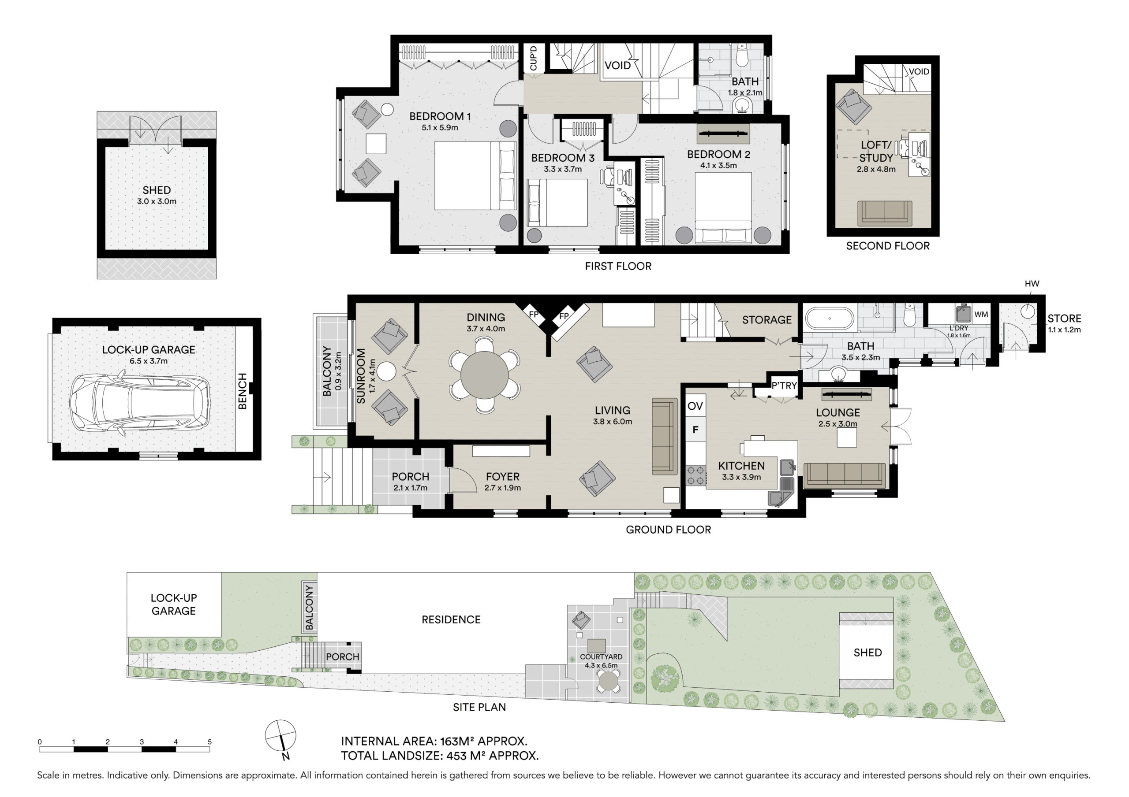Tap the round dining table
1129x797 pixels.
point(484,375)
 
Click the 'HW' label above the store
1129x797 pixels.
point(1032,284)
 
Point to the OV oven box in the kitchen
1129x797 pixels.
point(695,405)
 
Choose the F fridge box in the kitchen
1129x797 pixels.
point(695,430)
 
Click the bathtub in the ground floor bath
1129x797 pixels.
point(829,319)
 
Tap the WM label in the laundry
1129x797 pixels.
point(981,315)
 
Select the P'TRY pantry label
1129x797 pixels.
point(784,386)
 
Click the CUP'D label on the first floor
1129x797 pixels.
point(534,59)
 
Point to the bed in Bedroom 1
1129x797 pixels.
point(475,176)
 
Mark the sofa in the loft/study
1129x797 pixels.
point(885,213)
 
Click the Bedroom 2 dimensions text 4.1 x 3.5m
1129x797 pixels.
point(718,166)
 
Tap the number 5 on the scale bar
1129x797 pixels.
point(209,742)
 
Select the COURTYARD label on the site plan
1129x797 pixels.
point(601,656)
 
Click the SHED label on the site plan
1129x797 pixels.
point(867,652)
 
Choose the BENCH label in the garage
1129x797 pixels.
point(243,391)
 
